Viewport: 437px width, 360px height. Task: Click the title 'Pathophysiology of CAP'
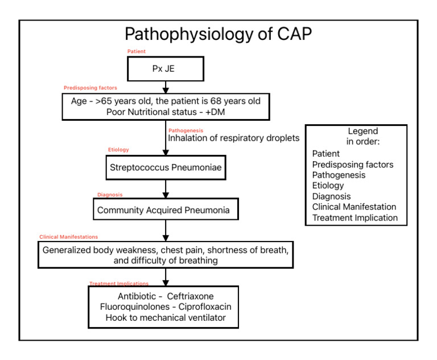click(x=218, y=34)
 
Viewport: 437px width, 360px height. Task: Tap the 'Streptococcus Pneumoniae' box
click(x=165, y=169)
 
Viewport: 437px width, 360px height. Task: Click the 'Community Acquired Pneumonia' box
click(x=164, y=210)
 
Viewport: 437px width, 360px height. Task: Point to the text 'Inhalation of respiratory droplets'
click(x=234, y=138)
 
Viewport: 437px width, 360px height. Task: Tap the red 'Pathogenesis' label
click(x=185, y=130)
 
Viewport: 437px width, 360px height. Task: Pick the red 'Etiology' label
click(x=118, y=150)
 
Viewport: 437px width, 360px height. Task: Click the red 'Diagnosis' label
click(x=109, y=194)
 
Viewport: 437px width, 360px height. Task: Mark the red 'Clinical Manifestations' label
click(x=68, y=236)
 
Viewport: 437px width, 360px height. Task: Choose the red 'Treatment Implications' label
click(x=119, y=284)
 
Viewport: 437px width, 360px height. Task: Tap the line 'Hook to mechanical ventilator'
click(x=166, y=318)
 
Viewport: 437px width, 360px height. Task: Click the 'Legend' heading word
click(x=356, y=131)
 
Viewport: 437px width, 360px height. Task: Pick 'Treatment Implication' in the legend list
click(x=355, y=218)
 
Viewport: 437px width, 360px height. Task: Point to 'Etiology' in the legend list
click(x=328, y=185)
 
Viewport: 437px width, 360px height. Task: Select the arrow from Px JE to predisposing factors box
click(x=166, y=86)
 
